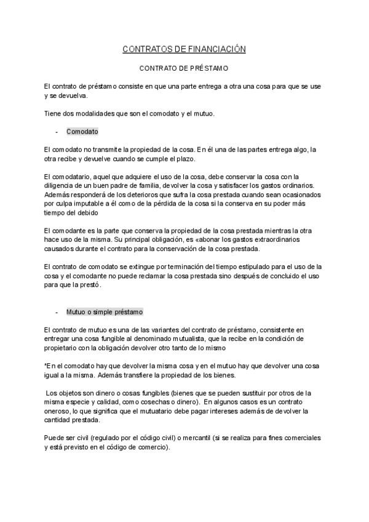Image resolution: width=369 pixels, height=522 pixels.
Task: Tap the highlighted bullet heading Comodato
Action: [x=82, y=132]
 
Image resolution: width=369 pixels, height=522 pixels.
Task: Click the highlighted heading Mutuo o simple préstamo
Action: [x=105, y=313]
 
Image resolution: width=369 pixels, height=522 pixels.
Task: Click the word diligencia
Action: [x=59, y=186]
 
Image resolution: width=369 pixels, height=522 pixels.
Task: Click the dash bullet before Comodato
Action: [x=57, y=132]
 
